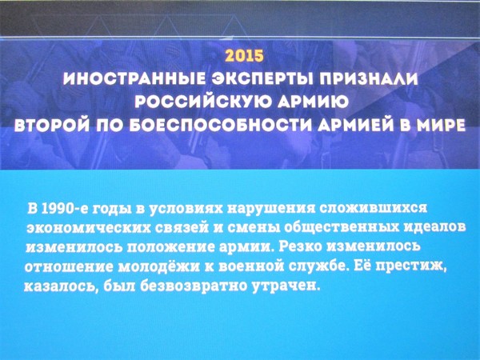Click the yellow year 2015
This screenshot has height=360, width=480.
(244, 56)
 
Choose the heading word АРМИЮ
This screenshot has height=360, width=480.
(312, 102)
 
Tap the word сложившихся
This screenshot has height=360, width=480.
(373, 209)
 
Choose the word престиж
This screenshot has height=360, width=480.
(411, 266)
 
